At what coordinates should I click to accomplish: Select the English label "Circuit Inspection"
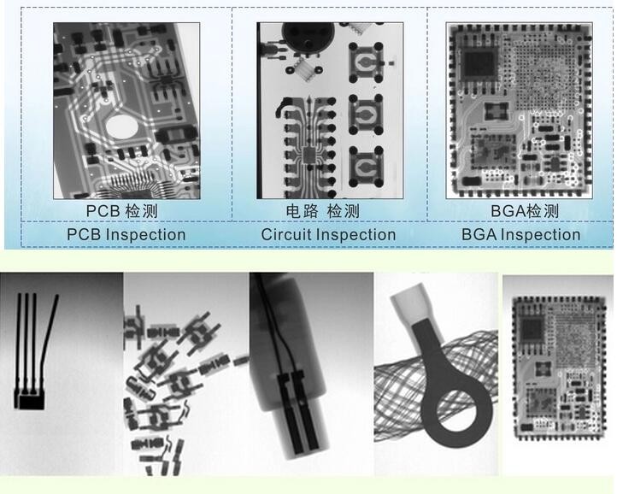pyautogui.click(x=328, y=234)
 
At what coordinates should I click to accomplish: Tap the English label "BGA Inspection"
pyautogui.click(x=520, y=234)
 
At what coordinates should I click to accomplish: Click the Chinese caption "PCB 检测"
pyautogui.click(x=121, y=211)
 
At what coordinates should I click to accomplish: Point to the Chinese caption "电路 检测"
pyautogui.click(x=322, y=211)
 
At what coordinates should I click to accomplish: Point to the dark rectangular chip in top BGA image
pyautogui.click(x=479, y=63)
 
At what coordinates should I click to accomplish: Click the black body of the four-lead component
pyautogui.click(x=31, y=399)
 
